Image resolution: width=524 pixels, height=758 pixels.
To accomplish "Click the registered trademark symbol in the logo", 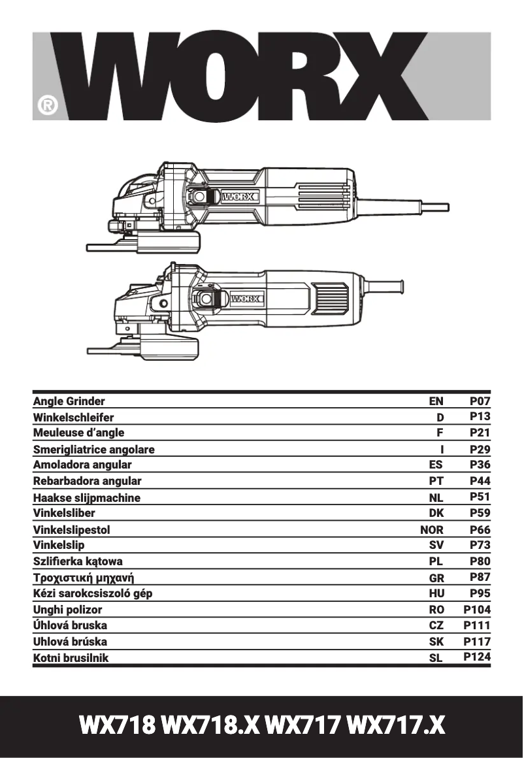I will pos(47,105).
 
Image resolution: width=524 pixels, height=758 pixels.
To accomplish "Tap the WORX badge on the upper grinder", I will pos(240,196).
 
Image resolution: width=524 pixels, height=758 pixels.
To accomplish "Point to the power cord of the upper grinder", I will pos(418,207).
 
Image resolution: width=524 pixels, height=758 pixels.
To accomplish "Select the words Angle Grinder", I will pos(69,401).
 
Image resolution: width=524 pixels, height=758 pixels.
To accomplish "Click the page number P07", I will pos(480,401).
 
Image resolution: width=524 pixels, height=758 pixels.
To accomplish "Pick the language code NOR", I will pos(432,530).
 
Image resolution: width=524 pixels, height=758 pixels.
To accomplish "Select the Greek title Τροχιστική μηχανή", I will pos(88,578).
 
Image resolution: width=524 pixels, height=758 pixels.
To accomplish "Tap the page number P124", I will pos(477,657).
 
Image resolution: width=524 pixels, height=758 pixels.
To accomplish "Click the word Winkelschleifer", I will pos(73,418).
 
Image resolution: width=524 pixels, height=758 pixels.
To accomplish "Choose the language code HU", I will pos(436,593).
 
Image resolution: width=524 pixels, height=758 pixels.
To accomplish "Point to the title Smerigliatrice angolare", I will pos(94,450).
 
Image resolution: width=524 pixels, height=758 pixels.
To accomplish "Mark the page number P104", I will pos(477,610).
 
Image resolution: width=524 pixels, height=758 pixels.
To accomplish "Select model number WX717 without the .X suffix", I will pos(303,725).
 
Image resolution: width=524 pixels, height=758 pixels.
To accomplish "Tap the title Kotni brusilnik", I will pos(71,658).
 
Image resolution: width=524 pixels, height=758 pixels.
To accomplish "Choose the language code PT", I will pos(436,481).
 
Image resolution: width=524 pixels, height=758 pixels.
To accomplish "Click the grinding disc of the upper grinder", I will pos(144,247).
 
